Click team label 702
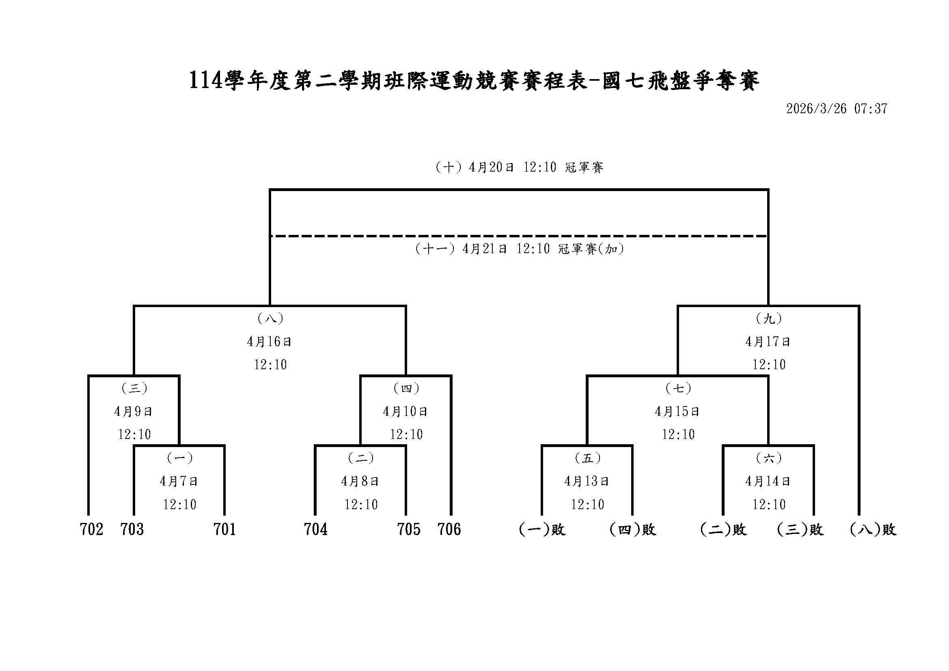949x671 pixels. [x=91, y=529]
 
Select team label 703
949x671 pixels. [x=132, y=529]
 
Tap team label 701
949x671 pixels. [x=225, y=529]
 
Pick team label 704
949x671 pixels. [x=316, y=529]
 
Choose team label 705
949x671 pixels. [x=408, y=529]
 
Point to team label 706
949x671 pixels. [x=449, y=529]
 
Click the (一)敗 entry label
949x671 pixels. [x=542, y=529]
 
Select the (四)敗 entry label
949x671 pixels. [x=633, y=529]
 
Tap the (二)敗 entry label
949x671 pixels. [x=723, y=529]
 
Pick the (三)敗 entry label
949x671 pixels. [x=800, y=529]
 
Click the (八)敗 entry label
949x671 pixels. [x=873, y=529]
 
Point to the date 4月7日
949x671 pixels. [x=179, y=482]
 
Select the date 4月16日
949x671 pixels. [x=270, y=342]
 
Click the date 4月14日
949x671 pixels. [x=768, y=482]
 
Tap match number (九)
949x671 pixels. [x=769, y=318]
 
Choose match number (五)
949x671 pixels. [x=587, y=458]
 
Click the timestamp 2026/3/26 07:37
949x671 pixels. [x=837, y=109]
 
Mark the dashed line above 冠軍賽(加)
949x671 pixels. [x=519, y=237]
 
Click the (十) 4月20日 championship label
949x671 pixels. [x=519, y=167]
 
